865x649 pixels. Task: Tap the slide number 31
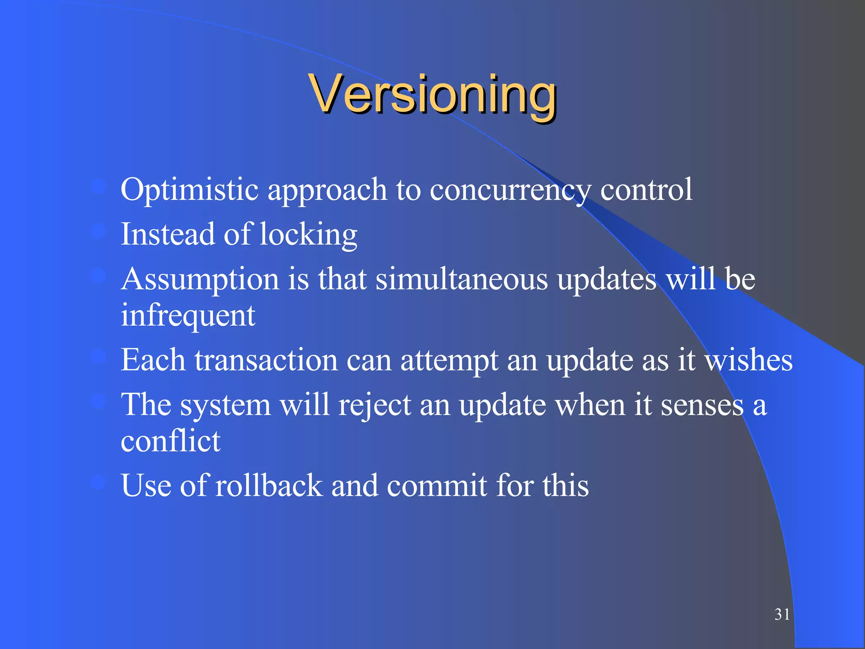782,614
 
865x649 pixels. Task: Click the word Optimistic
189,190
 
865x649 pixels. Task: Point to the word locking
308,235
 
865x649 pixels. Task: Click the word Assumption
200,279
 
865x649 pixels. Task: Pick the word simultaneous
462,279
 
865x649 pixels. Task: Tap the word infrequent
188,315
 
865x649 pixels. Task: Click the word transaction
266,360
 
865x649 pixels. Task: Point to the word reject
374,405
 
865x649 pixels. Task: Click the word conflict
171,441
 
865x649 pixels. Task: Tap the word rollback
269,486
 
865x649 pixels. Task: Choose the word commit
437,486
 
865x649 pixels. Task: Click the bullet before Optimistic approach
98,186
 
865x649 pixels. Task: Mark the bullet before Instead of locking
98,231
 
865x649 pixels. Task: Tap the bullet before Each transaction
98,357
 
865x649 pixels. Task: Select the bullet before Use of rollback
98,482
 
